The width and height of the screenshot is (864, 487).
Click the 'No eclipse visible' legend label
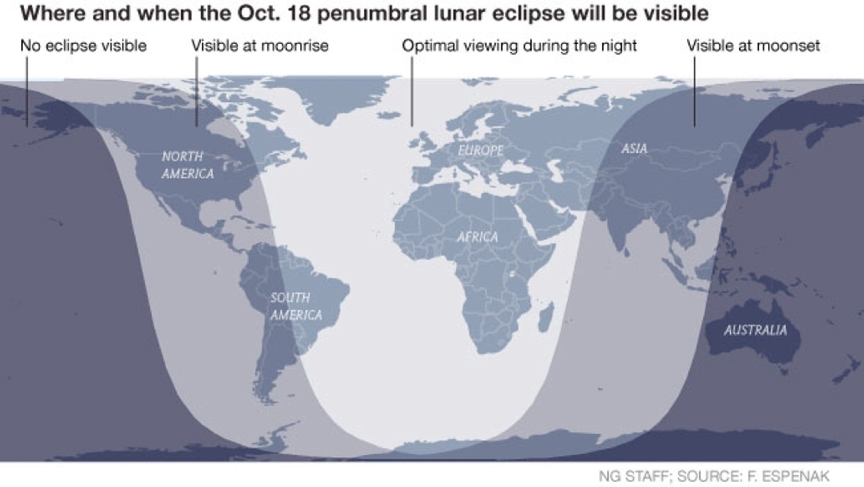coord(83,46)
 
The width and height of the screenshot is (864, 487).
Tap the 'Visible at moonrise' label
coord(260,46)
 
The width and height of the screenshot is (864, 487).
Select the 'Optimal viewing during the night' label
coord(519,46)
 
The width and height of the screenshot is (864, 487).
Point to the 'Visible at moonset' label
coord(753,46)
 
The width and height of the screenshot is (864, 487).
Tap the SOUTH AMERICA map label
coord(296,306)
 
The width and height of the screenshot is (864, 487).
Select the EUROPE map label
coord(480,150)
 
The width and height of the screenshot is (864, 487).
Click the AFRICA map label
coord(477,237)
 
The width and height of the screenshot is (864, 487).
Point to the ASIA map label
coord(634,148)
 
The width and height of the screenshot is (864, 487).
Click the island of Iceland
coord(388,115)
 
